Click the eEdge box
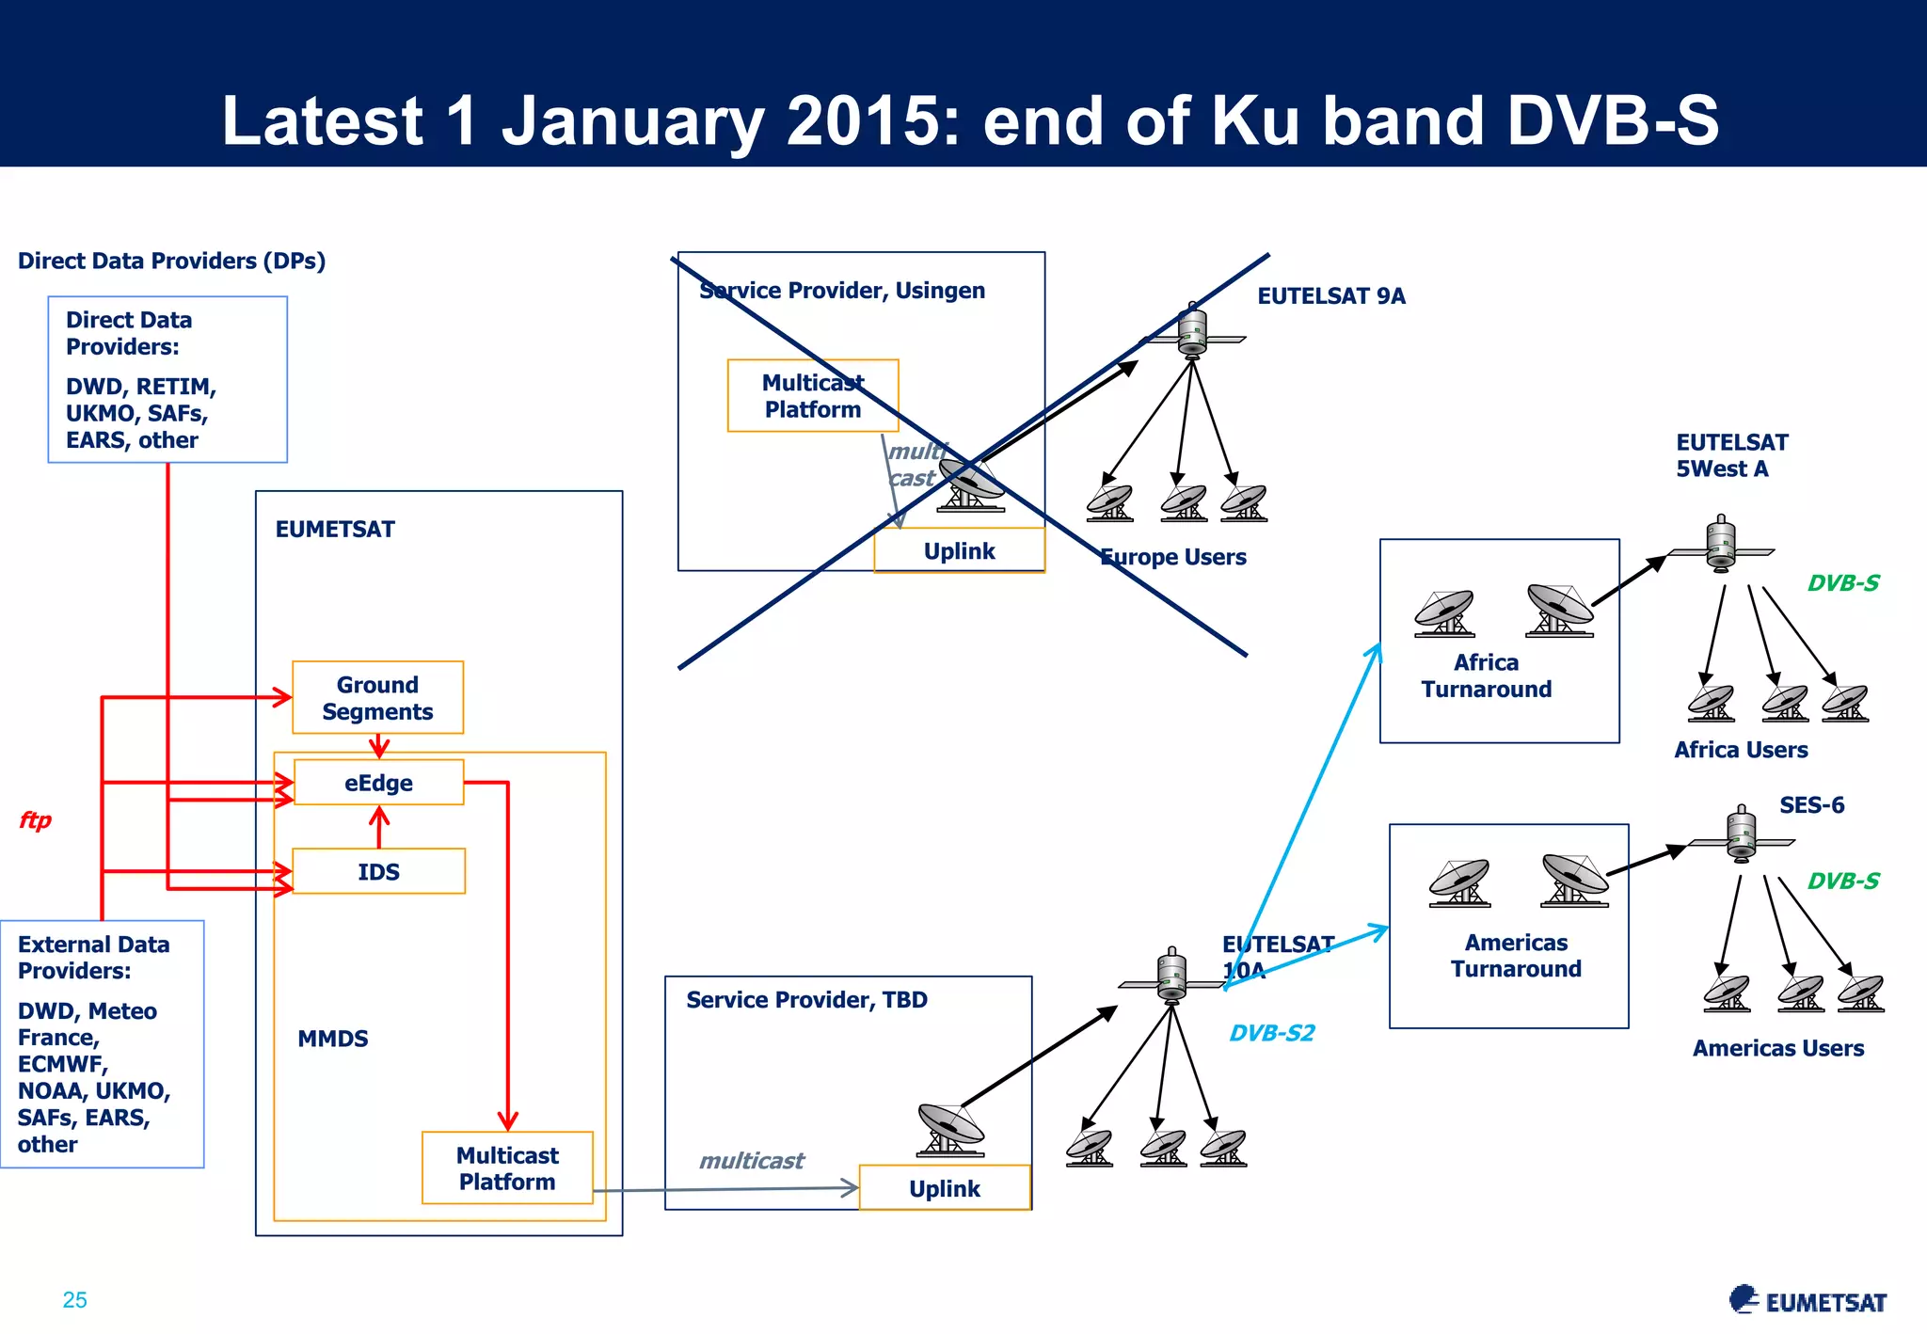point(378,783)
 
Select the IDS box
point(378,871)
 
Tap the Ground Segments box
point(377,698)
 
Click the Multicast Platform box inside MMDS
point(507,1168)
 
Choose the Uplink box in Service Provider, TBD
point(945,1188)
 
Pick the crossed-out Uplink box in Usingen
point(959,551)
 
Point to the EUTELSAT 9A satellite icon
point(1192,332)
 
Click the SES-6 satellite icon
point(1742,835)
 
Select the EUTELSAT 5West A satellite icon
point(1721,545)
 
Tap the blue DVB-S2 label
point(1271,1033)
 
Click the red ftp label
point(35,820)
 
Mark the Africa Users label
point(1741,750)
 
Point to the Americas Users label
point(1777,1048)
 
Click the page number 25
point(74,1300)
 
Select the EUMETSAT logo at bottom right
point(1808,1301)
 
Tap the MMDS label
point(333,1039)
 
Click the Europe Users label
point(1173,557)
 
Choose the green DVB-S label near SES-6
point(1842,881)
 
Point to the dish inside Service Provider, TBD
point(950,1129)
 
